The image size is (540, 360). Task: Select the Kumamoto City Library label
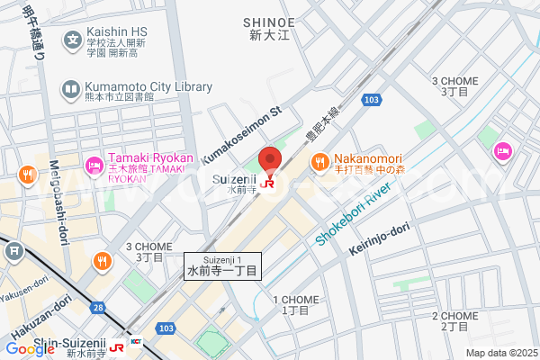click(148, 87)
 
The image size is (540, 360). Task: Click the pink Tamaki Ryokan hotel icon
click(93, 165)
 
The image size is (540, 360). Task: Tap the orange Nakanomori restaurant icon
click(319, 163)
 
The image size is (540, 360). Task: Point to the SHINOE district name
click(269, 22)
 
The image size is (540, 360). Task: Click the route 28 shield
click(96, 309)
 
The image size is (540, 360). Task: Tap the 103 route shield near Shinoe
click(372, 100)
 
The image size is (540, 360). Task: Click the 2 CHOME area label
click(454, 320)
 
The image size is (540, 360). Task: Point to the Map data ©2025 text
click(500, 353)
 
